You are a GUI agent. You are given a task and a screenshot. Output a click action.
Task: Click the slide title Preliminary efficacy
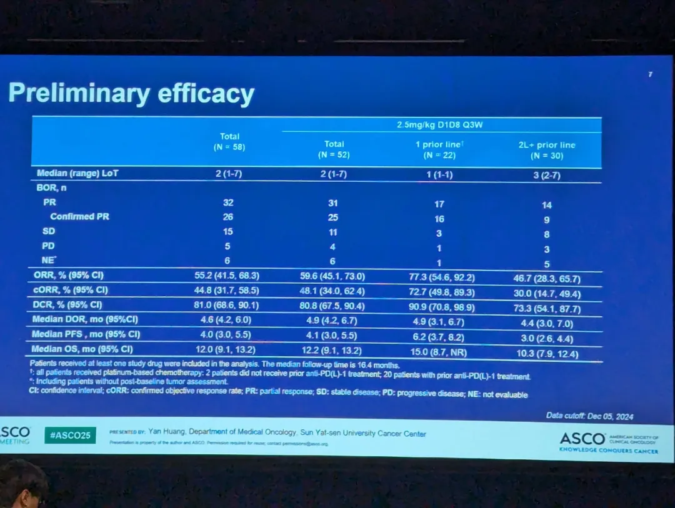[x=131, y=94]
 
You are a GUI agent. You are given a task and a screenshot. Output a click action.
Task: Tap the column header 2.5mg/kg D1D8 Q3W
[x=440, y=124]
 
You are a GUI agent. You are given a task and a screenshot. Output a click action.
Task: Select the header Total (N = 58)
[x=229, y=142]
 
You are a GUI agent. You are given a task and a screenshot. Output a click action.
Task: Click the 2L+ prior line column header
[x=546, y=150]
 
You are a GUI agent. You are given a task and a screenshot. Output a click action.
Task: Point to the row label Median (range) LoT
[x=77, y=174]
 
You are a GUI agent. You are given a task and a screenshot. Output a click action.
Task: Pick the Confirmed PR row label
[x=81, y=217]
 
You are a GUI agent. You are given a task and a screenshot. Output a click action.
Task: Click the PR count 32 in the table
[x=228, y=202]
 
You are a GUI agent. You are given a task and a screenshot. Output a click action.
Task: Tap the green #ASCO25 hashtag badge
[x=70, y=435]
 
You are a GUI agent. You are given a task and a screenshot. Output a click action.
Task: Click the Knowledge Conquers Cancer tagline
[x=608, y=451]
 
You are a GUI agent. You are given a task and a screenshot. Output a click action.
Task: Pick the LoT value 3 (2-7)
[x=546, y=176]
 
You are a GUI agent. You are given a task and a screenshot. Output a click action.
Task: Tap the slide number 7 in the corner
[x=650, y=74]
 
